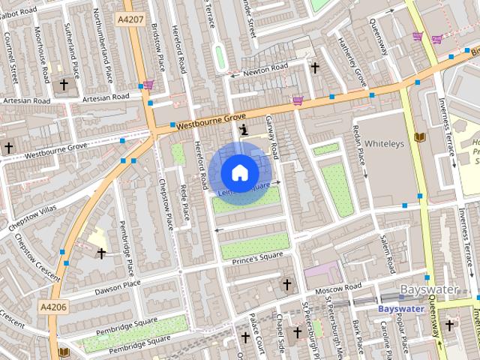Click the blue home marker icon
pos(239,173)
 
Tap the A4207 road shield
pos(132,17)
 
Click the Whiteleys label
pos(384,142)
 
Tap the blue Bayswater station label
pos(400,308)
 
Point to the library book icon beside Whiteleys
pos(419,137)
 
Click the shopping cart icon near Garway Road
pos(298,100)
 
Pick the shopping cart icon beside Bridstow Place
pos(148,85)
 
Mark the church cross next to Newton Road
pos(315,67)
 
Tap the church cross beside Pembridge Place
pos(101,253)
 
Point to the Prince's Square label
pos(259,256)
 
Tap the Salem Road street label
pos(388,253)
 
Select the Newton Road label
pos(265,67)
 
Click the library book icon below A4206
pos(64,352)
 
